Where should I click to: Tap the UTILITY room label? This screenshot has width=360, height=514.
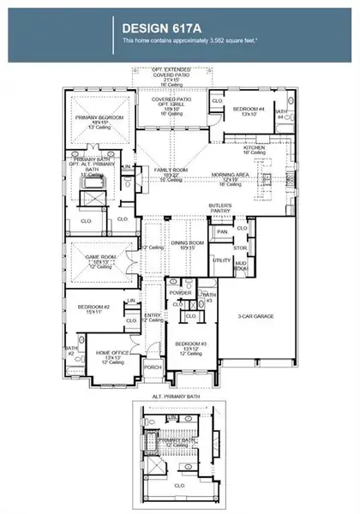[x=220, y=259]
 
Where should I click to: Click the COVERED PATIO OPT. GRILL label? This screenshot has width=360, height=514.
[x=171, y=102]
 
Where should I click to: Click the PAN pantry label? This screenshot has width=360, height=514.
[x=221, y=230]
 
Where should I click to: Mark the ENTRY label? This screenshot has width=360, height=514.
[x=153, y=316]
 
